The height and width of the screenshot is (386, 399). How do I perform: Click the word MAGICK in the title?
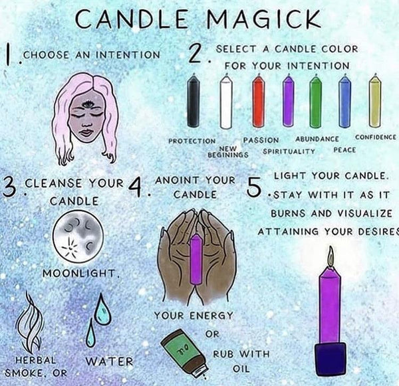(x=263, y=19)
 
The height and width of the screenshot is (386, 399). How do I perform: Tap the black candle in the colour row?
(x=193, y=101)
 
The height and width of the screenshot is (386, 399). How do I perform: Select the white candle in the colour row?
(x=226, y=101)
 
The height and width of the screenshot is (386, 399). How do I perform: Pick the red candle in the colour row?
(x=258, y=101)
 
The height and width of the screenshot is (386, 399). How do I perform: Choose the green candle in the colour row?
(x=315, y=101)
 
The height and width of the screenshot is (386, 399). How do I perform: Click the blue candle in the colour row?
(x=344, y=101)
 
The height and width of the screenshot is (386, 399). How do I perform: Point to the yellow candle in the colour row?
(x=375, y=101)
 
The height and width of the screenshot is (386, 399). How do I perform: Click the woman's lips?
(x=86, y=133)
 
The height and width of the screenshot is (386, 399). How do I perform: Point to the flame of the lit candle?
(x=331, y=256)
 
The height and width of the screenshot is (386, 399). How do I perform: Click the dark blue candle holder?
(x=331, y=360)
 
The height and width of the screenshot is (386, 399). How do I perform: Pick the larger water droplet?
(x=102, y=309)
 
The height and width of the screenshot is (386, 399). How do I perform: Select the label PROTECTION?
(x=192, y=141)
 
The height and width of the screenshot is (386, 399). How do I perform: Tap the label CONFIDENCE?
(x=376, y=138)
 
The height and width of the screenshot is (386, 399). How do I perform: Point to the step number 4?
(x=135, y=187)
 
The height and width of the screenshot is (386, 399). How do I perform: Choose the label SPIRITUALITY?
(x=289, y=151)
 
